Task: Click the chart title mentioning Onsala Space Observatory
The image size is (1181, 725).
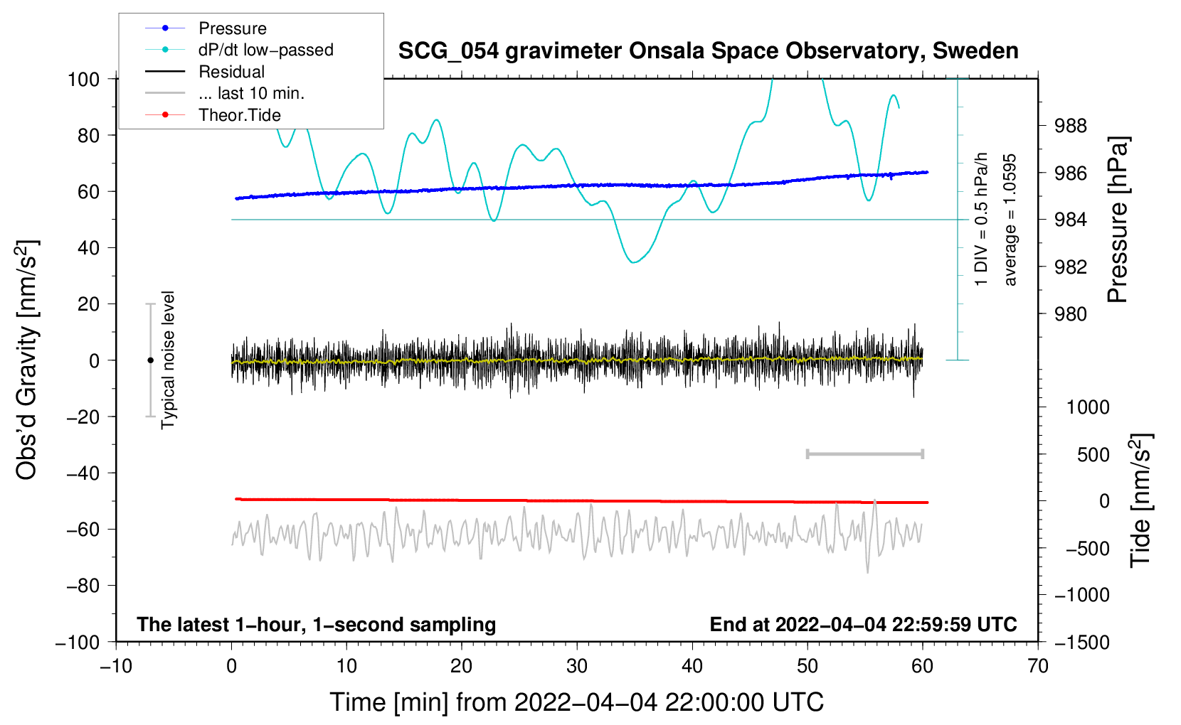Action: pos(708,51)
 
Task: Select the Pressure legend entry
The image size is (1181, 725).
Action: pos(232,28)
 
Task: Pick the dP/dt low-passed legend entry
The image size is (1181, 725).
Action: pos(265,50)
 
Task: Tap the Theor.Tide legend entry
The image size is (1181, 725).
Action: pos(239,115)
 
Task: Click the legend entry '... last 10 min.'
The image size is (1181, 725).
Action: pos(251,93)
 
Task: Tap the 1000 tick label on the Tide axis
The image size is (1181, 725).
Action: pos(1088,407)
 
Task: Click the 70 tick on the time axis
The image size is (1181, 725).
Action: pos(1038,666)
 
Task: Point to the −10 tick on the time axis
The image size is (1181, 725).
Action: pos(116,666)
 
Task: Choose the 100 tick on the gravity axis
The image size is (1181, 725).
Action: pos(83,79)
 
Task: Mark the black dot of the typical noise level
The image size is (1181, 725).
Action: pos(150,360)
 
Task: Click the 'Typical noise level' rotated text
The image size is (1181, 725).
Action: pos(168,360)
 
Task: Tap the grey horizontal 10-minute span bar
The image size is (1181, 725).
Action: pos(864,453)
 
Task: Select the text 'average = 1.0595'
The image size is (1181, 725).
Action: pos(1010,220)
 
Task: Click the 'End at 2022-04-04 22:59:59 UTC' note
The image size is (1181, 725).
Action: pos(863,625)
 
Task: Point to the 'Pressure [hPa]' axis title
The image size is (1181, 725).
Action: pos(1118,220)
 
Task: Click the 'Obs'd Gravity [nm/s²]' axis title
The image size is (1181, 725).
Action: pos(27,360)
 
